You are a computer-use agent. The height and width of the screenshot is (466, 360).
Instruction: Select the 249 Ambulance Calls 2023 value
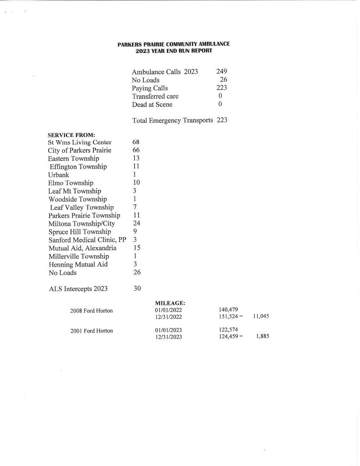click(222, 72)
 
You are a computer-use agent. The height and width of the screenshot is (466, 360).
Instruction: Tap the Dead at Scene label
click(152, 105)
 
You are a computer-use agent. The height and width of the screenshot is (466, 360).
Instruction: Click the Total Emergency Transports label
click(172, 121)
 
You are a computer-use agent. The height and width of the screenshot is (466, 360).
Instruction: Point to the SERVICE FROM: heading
click(71, 135)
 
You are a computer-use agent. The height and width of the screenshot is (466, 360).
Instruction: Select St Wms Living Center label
click(80, 142)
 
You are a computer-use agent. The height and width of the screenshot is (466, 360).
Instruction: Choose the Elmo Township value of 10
click(137, 183)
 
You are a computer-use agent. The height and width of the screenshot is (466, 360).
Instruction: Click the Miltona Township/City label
click(81, 223)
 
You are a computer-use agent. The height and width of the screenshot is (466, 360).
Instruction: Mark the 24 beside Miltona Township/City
click(137, 223)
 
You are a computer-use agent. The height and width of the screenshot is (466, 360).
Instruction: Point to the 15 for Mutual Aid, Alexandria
click(137, 248)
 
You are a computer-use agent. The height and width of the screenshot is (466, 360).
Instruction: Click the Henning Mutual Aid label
click(78, 264)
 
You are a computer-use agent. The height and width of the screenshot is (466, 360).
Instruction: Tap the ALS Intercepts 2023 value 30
click(137, 289)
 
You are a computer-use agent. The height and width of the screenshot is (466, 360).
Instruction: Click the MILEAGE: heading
click(170, 302)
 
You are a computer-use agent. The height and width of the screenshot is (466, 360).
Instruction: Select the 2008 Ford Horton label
click(91, 311)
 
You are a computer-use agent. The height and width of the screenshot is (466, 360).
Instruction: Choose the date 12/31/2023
click(168, 337)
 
